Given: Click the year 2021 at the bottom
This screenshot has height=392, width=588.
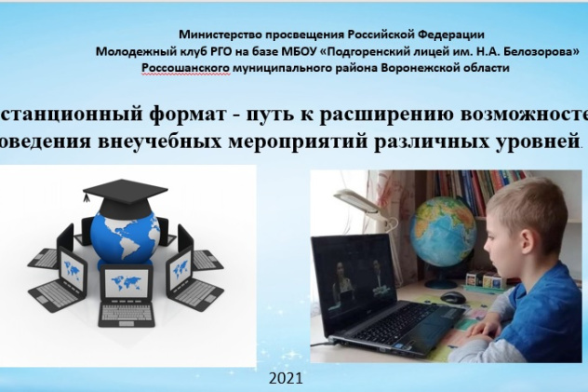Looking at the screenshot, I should pyautogui.click(x=285, y=380).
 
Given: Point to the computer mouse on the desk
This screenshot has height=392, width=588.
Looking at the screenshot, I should pyautogui.click(x=453, y=298).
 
